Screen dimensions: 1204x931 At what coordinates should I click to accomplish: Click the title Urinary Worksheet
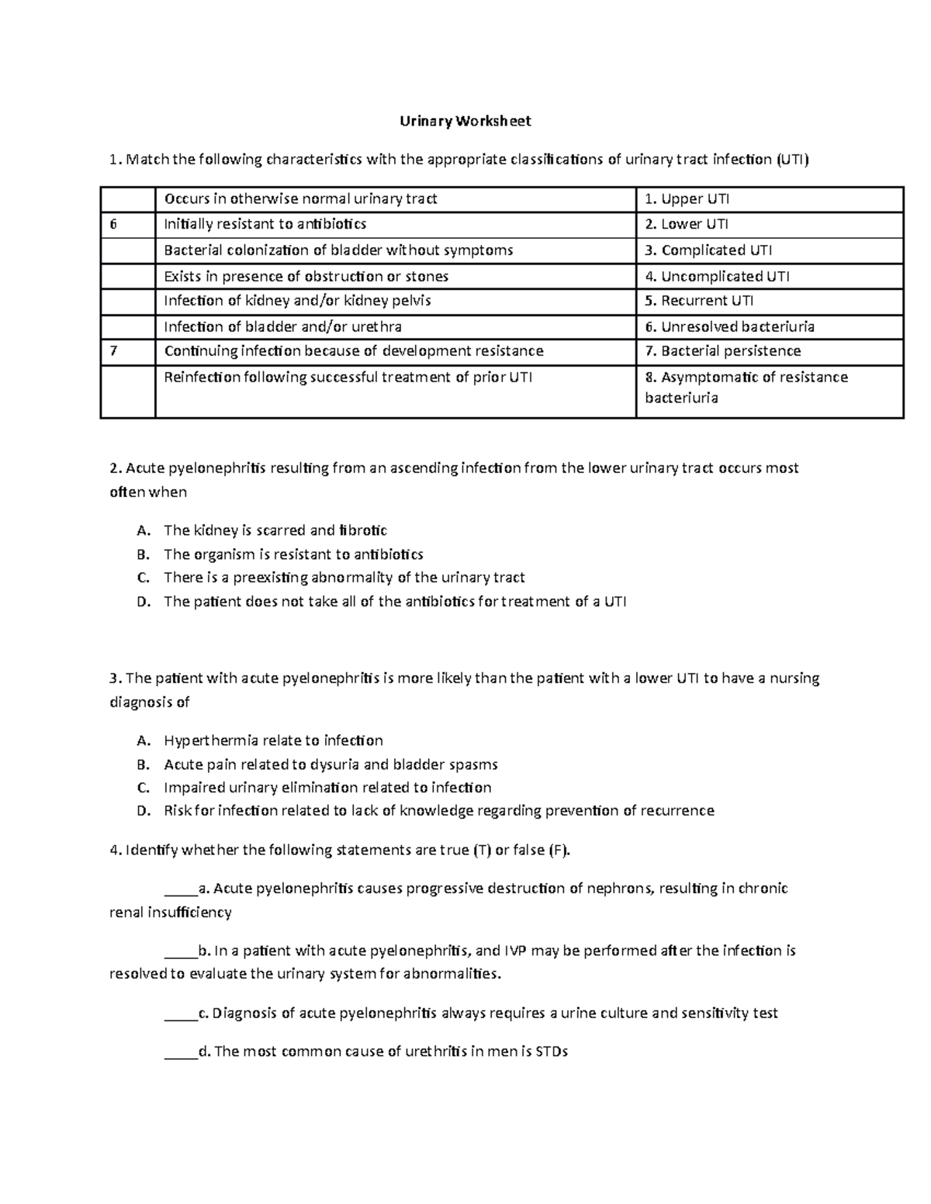(465, 121)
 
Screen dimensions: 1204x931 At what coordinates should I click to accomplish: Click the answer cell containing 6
(128, 225)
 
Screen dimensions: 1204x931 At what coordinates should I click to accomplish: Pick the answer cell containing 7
(128, 351)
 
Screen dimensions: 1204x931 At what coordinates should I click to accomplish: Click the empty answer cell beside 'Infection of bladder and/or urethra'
(128, 326)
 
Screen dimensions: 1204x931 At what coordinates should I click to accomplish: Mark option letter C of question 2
(142, 578)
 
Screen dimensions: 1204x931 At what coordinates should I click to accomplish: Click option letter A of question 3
(142, 740)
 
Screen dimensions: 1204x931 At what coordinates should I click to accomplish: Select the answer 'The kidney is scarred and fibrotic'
(275, 530)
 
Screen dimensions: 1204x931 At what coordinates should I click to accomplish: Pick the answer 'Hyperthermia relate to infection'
(273, 740)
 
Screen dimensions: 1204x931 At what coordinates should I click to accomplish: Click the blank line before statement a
(182, 889)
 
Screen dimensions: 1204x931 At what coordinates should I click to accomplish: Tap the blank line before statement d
(182, 1052)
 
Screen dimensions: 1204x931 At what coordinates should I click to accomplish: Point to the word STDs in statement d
(551, 1052)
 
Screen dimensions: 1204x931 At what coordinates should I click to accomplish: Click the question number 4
(115, 850)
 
